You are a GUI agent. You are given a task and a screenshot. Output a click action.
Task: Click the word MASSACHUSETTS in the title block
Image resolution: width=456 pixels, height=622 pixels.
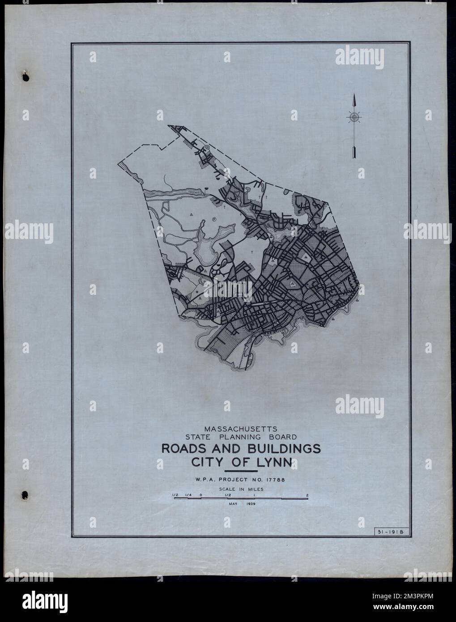[240, 427]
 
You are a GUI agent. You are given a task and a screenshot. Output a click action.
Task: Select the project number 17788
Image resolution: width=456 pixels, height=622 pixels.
[273, 480]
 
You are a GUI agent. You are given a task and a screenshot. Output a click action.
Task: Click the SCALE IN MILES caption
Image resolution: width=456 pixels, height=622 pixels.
[241, 489]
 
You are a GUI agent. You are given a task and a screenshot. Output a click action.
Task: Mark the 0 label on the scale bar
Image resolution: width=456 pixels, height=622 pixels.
[201, 494]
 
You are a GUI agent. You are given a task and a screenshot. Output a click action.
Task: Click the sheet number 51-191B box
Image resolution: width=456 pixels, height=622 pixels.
[388, 531]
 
